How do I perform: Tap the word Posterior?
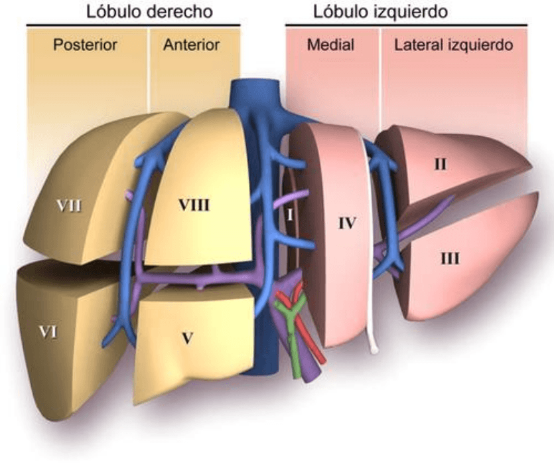click(x=85, y=45)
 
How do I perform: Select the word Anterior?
click(x=191, y=45)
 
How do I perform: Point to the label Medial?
click(x=330, y=45)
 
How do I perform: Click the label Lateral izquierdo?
click(x=453, y=45)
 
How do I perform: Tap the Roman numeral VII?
click(x=68, y=205)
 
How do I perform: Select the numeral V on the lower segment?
click(x=188, y=338)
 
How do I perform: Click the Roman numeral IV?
click(x=346, y=223)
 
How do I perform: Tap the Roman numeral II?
click(x=440, y=164)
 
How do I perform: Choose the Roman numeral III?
click(x=450, y=258)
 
